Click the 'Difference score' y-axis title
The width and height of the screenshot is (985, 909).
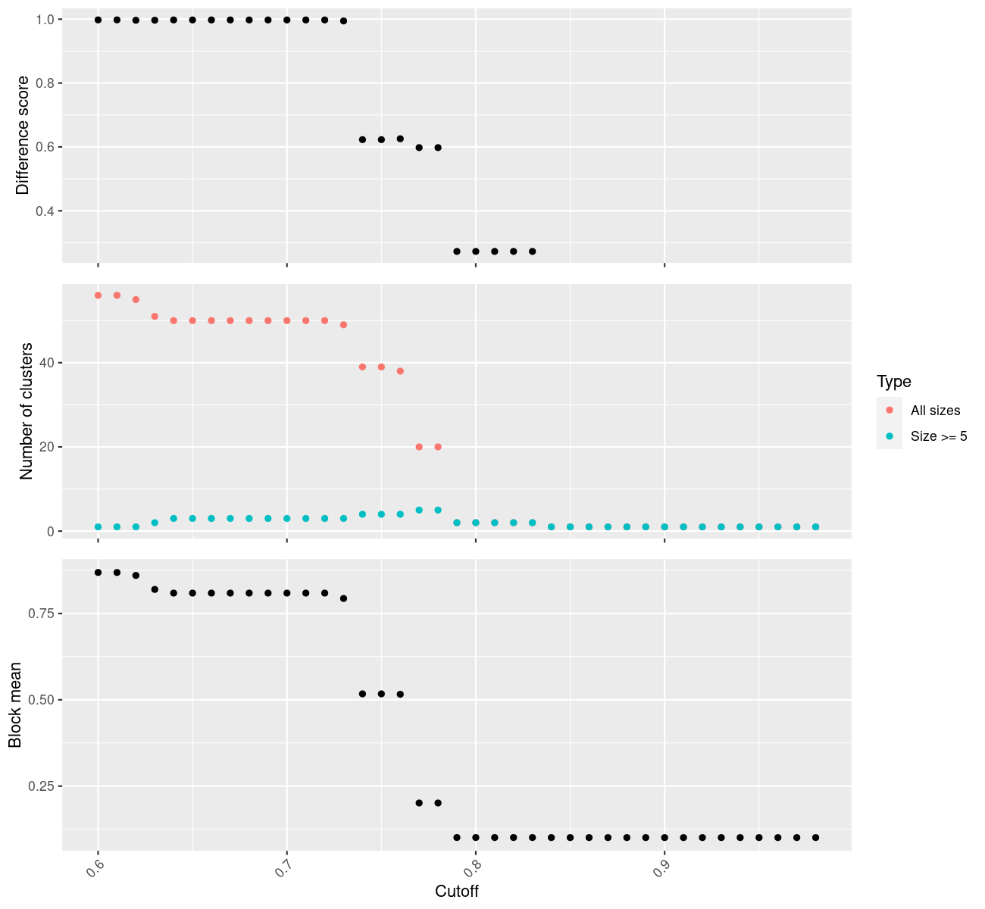[x=23, y=135]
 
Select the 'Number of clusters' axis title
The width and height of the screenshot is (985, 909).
[x=27, y=411]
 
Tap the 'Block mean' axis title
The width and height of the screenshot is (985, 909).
[x=15, y=704]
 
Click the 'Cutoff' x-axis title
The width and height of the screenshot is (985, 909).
[x=456, y=891]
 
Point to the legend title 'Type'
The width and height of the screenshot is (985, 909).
[x=893, y=381]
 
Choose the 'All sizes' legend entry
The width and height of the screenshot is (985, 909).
[x=935, y=411]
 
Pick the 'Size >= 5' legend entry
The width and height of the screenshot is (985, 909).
[x=939, y=436]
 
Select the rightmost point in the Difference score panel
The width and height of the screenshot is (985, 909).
[x=532, y=251]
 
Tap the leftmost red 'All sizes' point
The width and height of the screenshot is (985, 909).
[x=98, y=295]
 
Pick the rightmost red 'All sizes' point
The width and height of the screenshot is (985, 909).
[x=438, y=447]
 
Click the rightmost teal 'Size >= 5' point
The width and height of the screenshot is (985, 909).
[x=815, y=526]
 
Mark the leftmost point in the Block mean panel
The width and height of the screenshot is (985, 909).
[x=98, y=573]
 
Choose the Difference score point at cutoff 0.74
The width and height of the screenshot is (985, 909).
[x=362, y=139]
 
